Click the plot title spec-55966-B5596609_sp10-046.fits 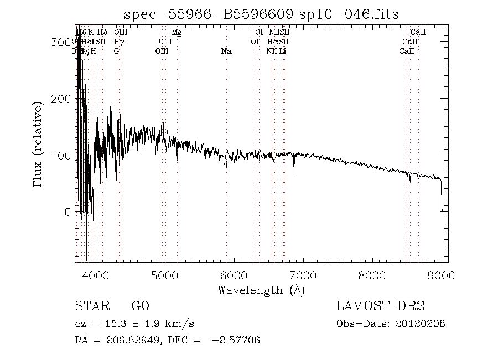tap(261, 14)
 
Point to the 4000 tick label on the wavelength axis tap(96, 276)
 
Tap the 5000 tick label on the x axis tap(165, 276)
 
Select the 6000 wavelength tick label tap(234, 276)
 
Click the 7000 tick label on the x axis tap(303, 276)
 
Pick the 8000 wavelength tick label tap(372, 276)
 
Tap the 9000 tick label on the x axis tap(442, 276)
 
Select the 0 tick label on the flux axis tap(68, 213)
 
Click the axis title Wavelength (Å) tap(261, 290)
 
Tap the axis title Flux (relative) tap(39, 144)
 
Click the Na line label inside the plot tap(226, 52)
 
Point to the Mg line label tap(177, 33)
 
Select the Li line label tap(283, 52)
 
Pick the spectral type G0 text tap(140, 306)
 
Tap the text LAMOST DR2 tap(380, 306)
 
